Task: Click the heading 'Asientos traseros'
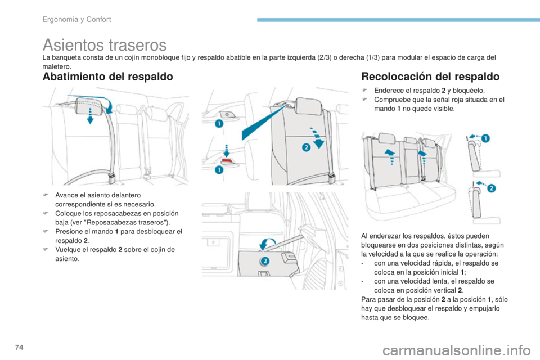(104, 44)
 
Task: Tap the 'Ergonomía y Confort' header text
(76, 20)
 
